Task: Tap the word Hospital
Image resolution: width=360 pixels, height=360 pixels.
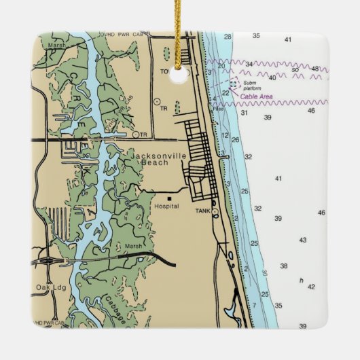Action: coord(166,205)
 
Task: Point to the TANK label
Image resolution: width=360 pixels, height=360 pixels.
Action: coord(203,212)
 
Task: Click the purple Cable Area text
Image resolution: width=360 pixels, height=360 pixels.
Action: coord(257,97)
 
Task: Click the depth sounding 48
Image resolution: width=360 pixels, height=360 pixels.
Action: coord(315,69)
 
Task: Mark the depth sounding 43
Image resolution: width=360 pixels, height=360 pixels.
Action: coord(302,240)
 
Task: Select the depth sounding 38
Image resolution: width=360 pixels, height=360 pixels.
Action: coord(284,266)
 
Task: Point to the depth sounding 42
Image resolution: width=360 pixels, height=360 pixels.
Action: coord(311,287)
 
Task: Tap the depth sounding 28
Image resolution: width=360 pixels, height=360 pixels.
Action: coord(228,36)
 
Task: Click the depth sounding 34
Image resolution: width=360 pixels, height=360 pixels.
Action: coord(249,65)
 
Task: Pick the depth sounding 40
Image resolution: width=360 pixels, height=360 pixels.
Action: coord(272,77)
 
